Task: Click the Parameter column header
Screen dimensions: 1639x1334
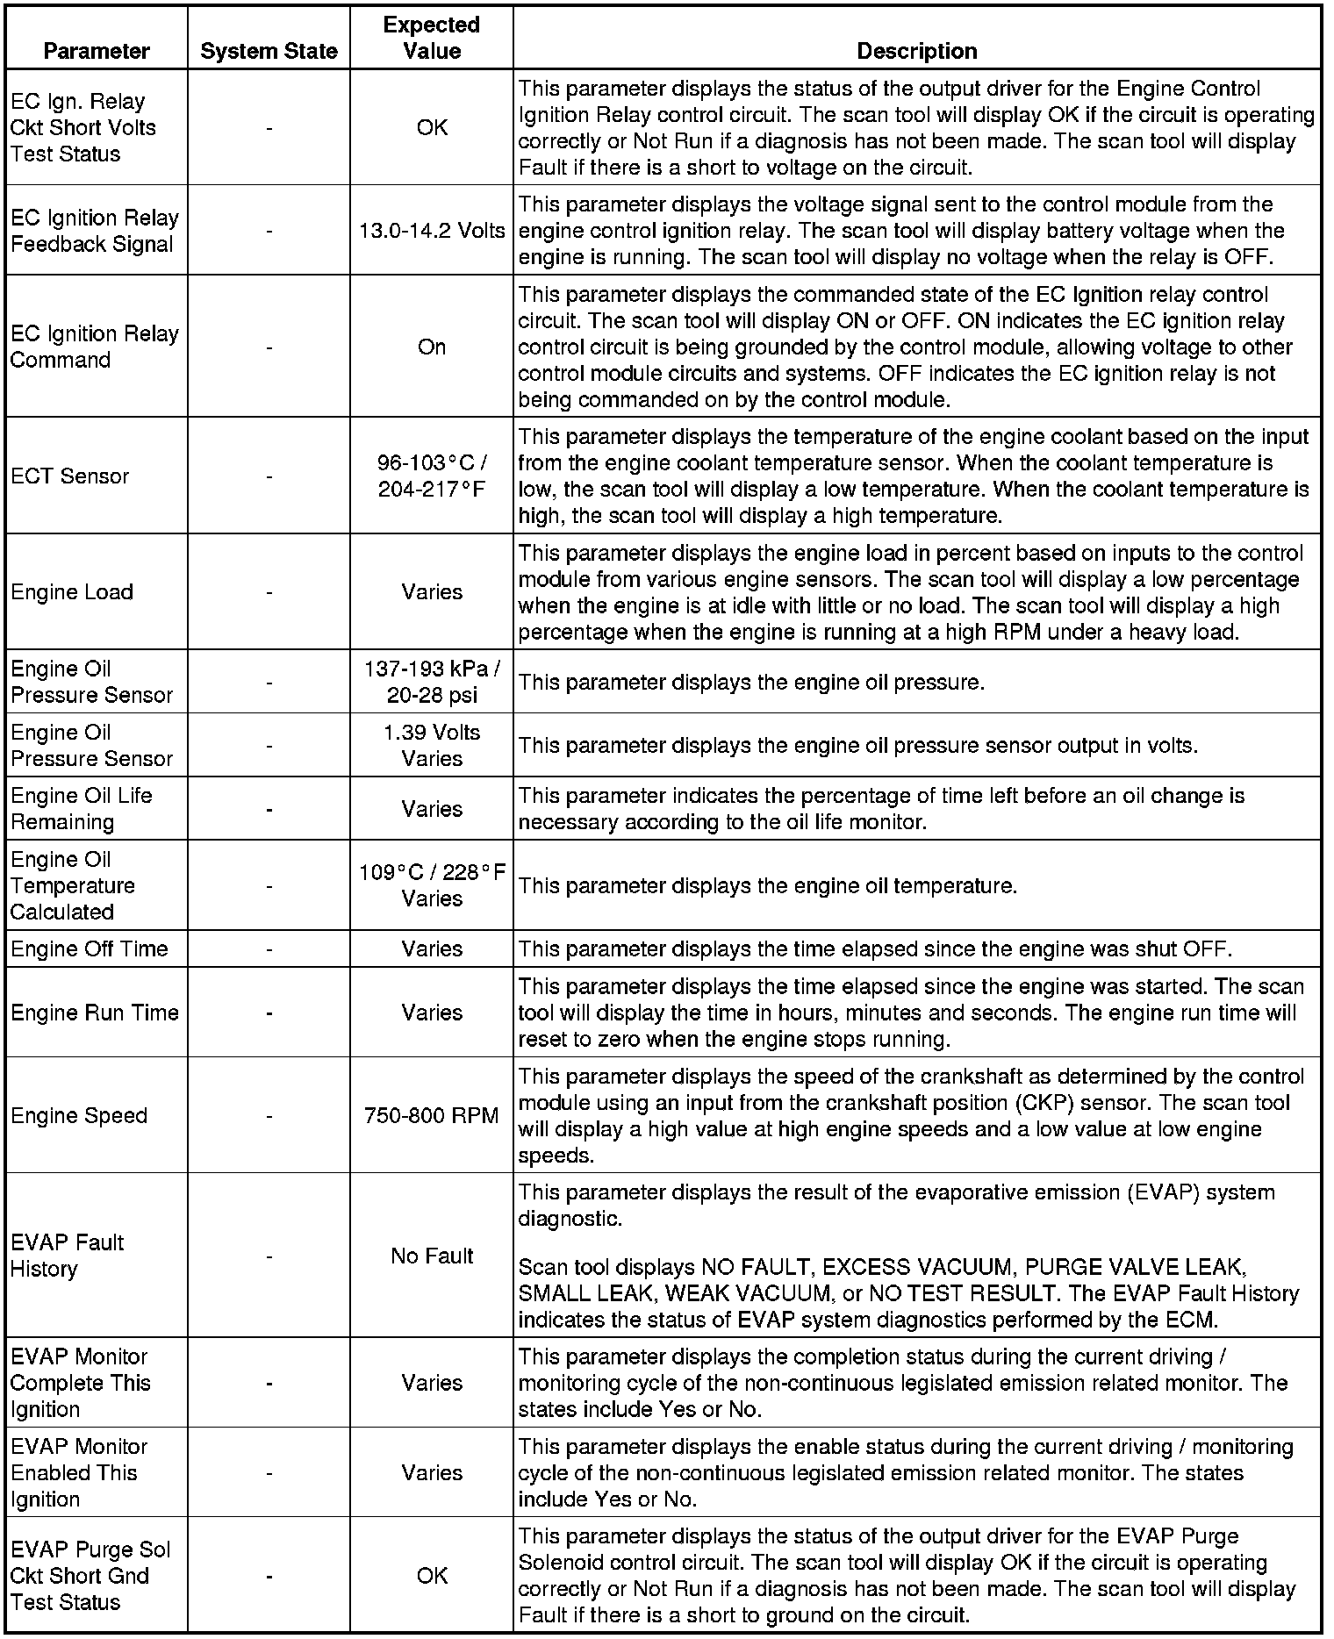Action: point(97,51)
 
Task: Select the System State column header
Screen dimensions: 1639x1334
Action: point(269,51)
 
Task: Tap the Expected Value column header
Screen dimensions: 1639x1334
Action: point(432,38)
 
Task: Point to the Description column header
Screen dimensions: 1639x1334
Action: point(916,51)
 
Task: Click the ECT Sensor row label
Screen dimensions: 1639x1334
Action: point(70,476)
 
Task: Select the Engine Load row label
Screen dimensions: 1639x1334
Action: point(72,592)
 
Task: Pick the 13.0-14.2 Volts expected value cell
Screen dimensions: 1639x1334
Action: point(432,231)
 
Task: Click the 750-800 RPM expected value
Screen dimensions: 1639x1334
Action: point(432,1116)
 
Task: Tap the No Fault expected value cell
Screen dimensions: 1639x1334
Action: point(432,1256)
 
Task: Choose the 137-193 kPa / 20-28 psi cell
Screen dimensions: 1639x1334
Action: point(432,682)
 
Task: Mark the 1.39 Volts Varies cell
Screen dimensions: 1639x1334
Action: point(432,745)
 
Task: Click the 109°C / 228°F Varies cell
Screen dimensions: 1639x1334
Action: point(432,885)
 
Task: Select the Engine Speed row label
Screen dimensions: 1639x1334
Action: point(79,1116)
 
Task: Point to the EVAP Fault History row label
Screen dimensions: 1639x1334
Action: point(67,1256)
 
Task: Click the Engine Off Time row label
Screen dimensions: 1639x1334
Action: point(90,949)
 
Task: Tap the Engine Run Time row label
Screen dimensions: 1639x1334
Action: point(95,1013)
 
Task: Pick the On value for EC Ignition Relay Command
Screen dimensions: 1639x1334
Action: point(432,347)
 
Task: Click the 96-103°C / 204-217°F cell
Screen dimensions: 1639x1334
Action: point(432,476)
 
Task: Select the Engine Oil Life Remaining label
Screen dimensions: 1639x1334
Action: point(82,809)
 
